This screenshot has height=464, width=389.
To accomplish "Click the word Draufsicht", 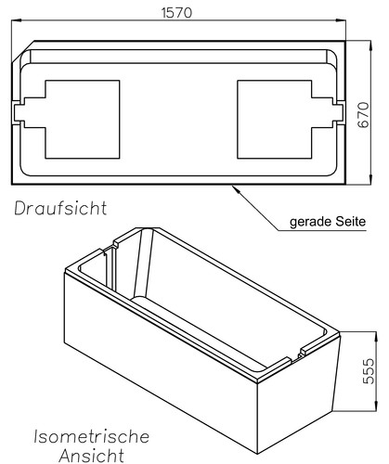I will [x=61, y=207].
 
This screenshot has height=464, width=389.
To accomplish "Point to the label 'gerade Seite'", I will [x=329, y=223].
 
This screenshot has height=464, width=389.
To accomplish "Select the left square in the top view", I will [x=83, y=117].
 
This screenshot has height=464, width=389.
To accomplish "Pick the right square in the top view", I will [x=276, y=117].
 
